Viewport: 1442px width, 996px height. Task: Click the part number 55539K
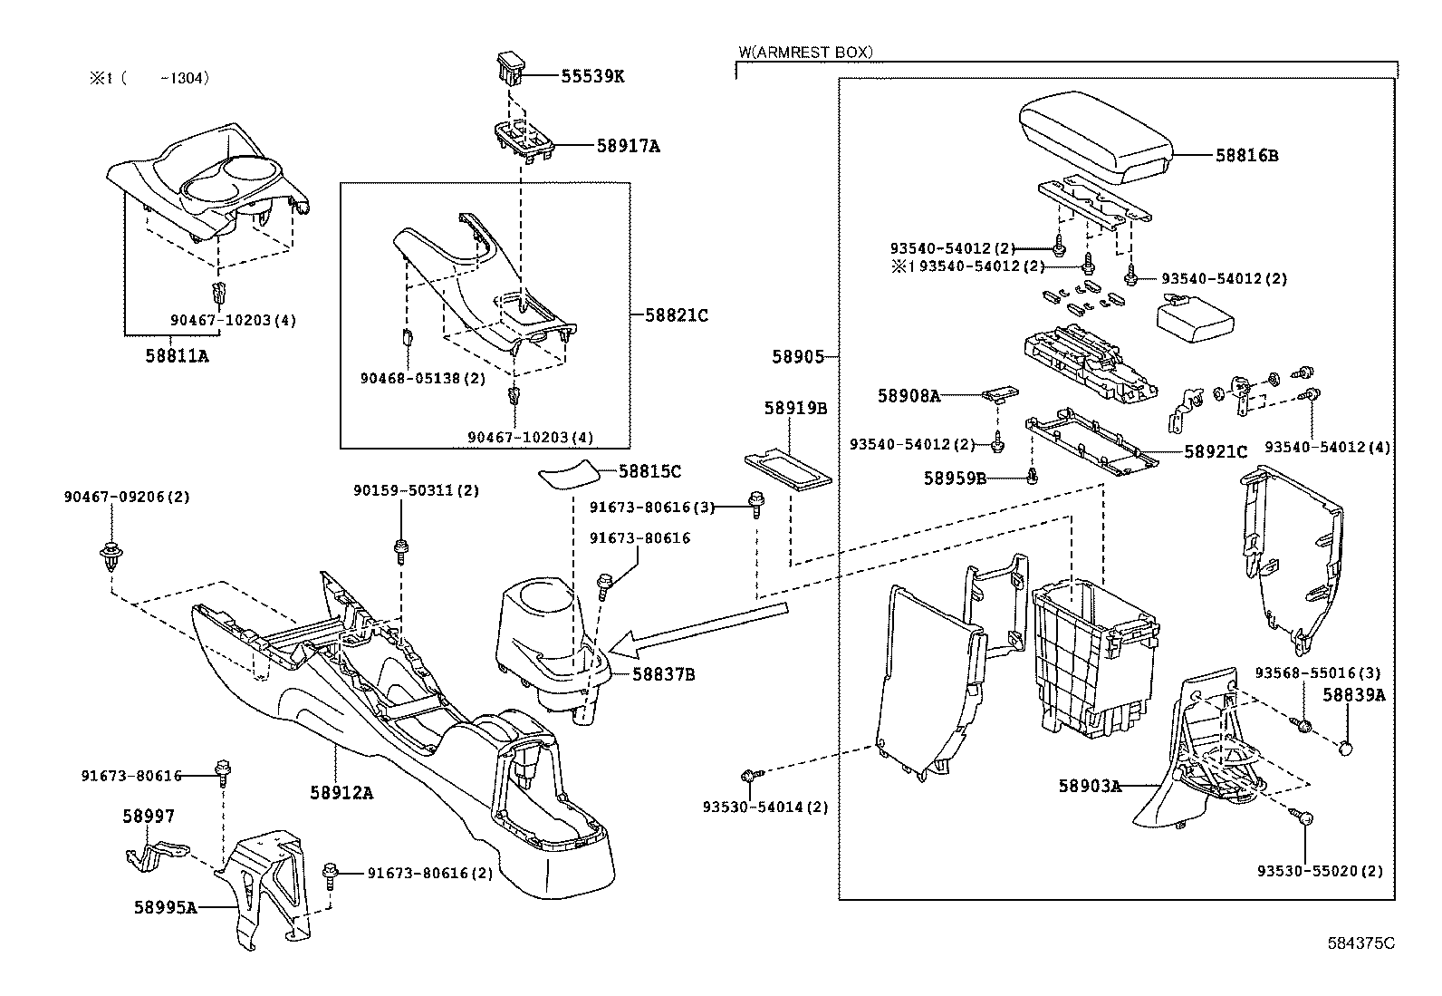coord(592,76)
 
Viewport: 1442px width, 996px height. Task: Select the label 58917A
coord(628,145)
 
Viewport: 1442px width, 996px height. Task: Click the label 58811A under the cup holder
coord(177,356)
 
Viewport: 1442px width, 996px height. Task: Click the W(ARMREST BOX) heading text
coord(805,53)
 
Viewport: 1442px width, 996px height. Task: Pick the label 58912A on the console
coord(341,792)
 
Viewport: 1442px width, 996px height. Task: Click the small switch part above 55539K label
coord(511,69)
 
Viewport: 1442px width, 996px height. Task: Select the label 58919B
coord(795,409)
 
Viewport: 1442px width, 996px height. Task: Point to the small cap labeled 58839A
coord(1346,749)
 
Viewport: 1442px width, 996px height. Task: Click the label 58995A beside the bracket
coord(165,906)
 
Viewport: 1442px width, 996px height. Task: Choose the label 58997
coord(149,817)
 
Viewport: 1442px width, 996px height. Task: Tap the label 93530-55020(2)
coord(1320,871)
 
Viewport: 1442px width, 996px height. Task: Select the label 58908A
coord(908,395)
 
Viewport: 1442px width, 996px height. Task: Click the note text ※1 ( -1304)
coord(149,78)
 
